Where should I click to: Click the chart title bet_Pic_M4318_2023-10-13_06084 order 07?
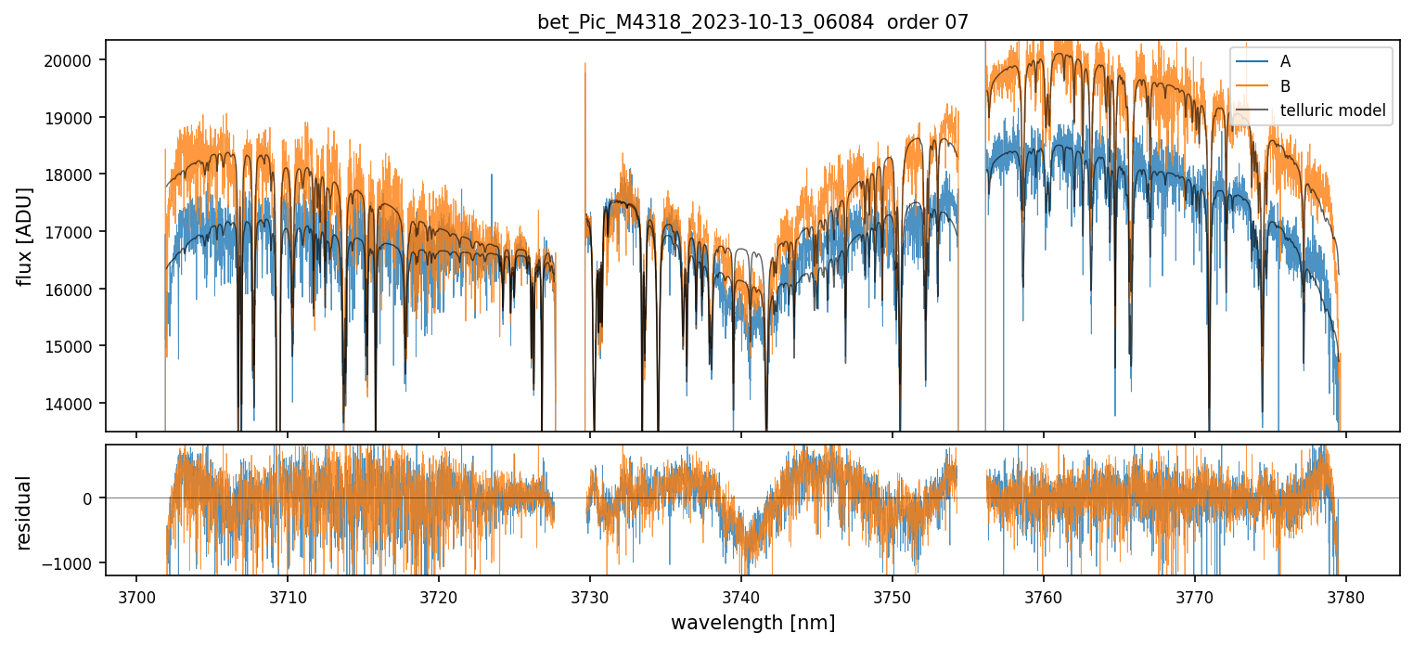[752, 22]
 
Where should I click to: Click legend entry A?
[1285, 61]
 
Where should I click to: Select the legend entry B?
[1285, 86]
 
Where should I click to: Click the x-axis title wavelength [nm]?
[752, 623]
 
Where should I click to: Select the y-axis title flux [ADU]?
[26, 236]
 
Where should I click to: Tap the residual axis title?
[26, 512]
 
